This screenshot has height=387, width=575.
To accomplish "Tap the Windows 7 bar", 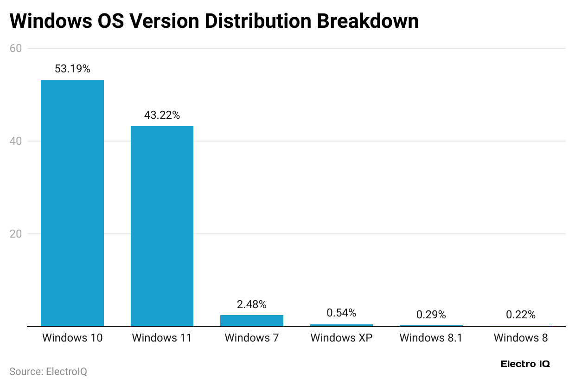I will click(252, 321).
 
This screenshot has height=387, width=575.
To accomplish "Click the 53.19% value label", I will click(72, 69).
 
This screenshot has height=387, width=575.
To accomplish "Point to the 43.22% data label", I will click(162, 115).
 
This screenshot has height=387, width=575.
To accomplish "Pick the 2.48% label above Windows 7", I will click(252, 304).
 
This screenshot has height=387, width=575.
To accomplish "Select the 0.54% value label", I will click(341, 313).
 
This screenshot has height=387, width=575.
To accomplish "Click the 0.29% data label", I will click(431, 315).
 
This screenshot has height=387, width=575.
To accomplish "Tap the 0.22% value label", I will click(521, 315).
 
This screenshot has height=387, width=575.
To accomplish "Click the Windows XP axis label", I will click(341, 338).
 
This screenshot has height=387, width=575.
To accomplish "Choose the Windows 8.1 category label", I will click(431, 338).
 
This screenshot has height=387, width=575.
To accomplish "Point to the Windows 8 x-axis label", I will click(521, 338).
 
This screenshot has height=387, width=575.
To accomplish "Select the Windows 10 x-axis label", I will click(72, 338).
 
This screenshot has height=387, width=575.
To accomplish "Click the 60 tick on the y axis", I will click(16, 48).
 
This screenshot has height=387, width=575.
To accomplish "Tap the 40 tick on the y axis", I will click(16, 141).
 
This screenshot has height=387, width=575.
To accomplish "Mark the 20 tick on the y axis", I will click(16, 234).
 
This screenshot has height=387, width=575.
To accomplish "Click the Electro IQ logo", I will click(525, 364).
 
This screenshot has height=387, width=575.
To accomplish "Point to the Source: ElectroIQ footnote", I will click(48, 372).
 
